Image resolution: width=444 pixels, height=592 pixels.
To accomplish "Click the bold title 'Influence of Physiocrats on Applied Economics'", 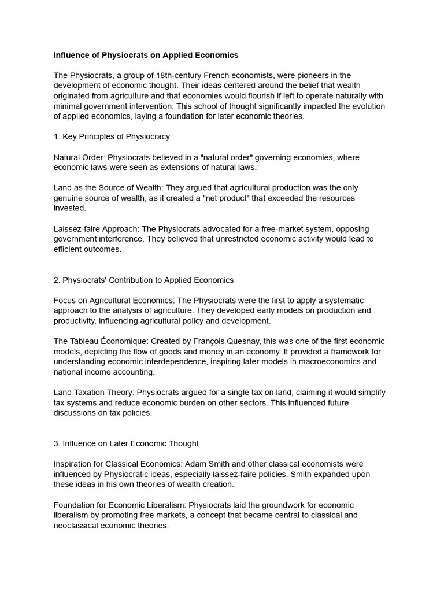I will (x=146, y=55).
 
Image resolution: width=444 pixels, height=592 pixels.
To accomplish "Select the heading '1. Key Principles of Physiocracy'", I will (x=112, y=137).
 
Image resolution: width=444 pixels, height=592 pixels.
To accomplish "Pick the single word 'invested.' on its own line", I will (x=69, y=208).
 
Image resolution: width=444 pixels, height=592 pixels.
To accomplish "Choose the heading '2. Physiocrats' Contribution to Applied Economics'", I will (x=143, y=280).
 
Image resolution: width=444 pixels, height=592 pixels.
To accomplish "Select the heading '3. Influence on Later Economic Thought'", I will (x=126, y=443).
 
